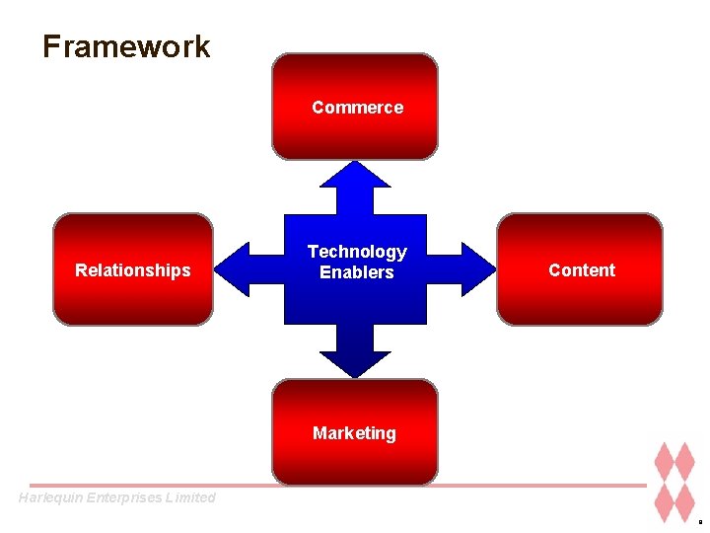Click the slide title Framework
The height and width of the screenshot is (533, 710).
126,46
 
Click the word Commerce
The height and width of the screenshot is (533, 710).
357,108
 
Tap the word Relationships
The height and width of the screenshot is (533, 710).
133,270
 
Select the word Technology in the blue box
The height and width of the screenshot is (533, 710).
357,253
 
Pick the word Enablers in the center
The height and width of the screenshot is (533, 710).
357,272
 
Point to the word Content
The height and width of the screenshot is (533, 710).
582,270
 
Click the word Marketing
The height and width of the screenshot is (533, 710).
354,433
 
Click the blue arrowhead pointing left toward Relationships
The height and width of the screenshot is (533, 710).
233,268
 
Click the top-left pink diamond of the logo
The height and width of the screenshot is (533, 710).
662,462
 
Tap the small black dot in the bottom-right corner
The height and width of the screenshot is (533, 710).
700,521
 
